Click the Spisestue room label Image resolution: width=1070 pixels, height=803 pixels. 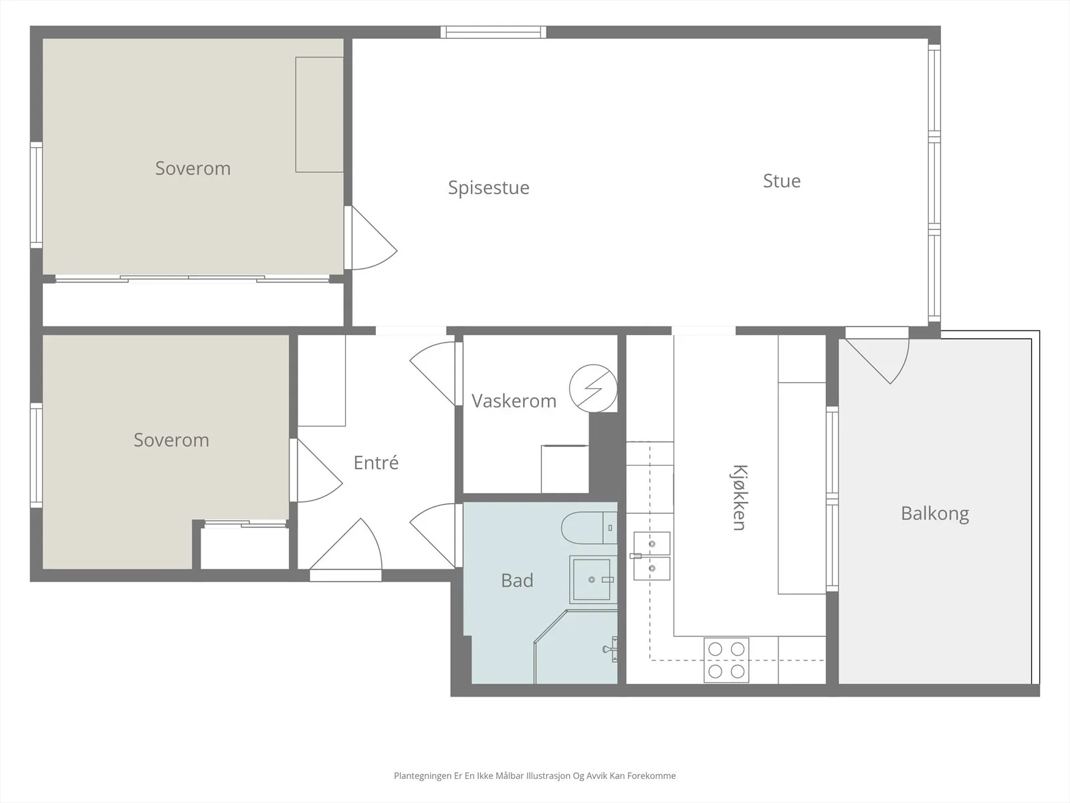[x=488, y=188]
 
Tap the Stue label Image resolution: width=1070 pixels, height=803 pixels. [x=781, y=181]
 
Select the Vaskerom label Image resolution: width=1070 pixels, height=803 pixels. [x=514, y=401]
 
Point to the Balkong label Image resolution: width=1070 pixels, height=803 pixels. [x=934, y=514]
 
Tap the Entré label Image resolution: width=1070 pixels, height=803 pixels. [x=376, y=462]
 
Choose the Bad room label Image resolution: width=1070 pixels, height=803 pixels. [x=517, y=580]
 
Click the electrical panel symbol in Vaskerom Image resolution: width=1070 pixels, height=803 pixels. [x=593, y=389]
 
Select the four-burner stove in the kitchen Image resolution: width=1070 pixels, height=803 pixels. [x=726, y=660]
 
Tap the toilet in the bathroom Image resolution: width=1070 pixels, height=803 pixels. [x=589, y=527]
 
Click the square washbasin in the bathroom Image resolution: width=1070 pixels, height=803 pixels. [x=593, y=579]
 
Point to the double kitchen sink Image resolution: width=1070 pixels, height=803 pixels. [x=651, y=556]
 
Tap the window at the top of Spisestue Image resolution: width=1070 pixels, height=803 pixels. [x=494, y=32]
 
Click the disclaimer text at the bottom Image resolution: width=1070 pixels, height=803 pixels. [x=535, y=776]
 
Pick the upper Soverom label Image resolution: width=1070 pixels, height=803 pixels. [x=193, y=168]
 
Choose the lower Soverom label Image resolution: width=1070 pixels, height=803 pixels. [x=171, y=440]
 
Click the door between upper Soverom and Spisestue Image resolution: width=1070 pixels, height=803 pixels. [x=370, y=238]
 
